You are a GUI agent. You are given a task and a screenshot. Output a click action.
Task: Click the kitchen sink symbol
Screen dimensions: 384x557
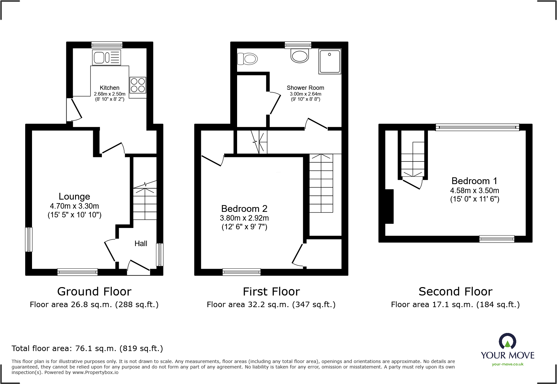(x=107, y=58)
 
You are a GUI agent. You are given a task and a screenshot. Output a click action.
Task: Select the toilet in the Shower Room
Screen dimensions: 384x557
(x=247, y=59)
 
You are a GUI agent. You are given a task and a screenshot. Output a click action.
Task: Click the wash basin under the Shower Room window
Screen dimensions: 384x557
(x=300, y=56)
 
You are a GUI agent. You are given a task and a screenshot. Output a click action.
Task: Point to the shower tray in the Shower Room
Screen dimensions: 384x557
(x=330, y=61)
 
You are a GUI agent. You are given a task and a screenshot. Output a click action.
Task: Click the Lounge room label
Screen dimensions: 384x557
(x=74, y=196)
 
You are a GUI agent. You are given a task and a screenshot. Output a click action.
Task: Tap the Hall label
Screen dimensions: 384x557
(x=141, y=244)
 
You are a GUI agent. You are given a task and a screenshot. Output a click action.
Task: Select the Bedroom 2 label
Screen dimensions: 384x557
(x=244, y=209)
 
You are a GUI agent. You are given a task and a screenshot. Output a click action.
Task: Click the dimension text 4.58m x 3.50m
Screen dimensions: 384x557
(x=475, y=191)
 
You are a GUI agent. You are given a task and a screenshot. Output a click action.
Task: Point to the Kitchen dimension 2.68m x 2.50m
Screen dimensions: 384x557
(x=110, y=94)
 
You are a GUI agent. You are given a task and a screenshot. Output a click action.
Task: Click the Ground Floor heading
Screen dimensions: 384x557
(x=94, y=292)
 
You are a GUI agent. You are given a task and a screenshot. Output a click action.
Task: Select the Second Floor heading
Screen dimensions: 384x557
(x=455, y=292)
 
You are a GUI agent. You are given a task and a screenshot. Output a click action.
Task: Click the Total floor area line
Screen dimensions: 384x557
(x=87, y=348)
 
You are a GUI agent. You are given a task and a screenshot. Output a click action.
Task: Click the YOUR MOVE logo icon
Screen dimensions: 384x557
(x=507, y=341)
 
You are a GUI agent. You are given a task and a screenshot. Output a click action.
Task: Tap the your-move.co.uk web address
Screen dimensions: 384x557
(x=508, y=364)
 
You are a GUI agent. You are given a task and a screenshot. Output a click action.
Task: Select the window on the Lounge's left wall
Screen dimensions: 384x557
(x=29, y=239)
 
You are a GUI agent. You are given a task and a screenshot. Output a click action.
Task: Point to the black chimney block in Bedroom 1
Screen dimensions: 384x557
(x=389, y=206)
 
